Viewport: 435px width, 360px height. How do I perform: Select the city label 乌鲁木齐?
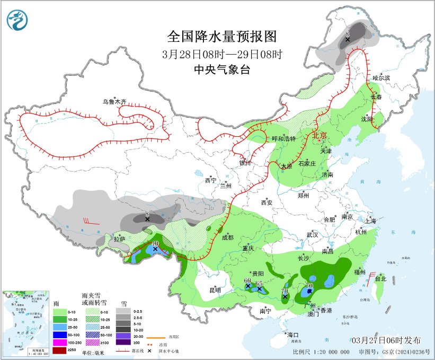point(115,101)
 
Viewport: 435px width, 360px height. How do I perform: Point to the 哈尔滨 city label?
point(380,77)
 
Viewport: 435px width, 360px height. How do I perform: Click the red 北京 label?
point(319,135)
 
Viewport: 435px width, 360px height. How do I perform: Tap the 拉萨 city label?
point(120,239)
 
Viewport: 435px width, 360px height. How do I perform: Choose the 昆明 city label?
point(215,290)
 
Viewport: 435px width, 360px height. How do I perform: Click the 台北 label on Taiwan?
point(380,278)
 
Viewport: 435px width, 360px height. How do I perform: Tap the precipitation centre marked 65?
point(260,287)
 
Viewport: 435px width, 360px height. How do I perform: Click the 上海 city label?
point(370,220)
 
